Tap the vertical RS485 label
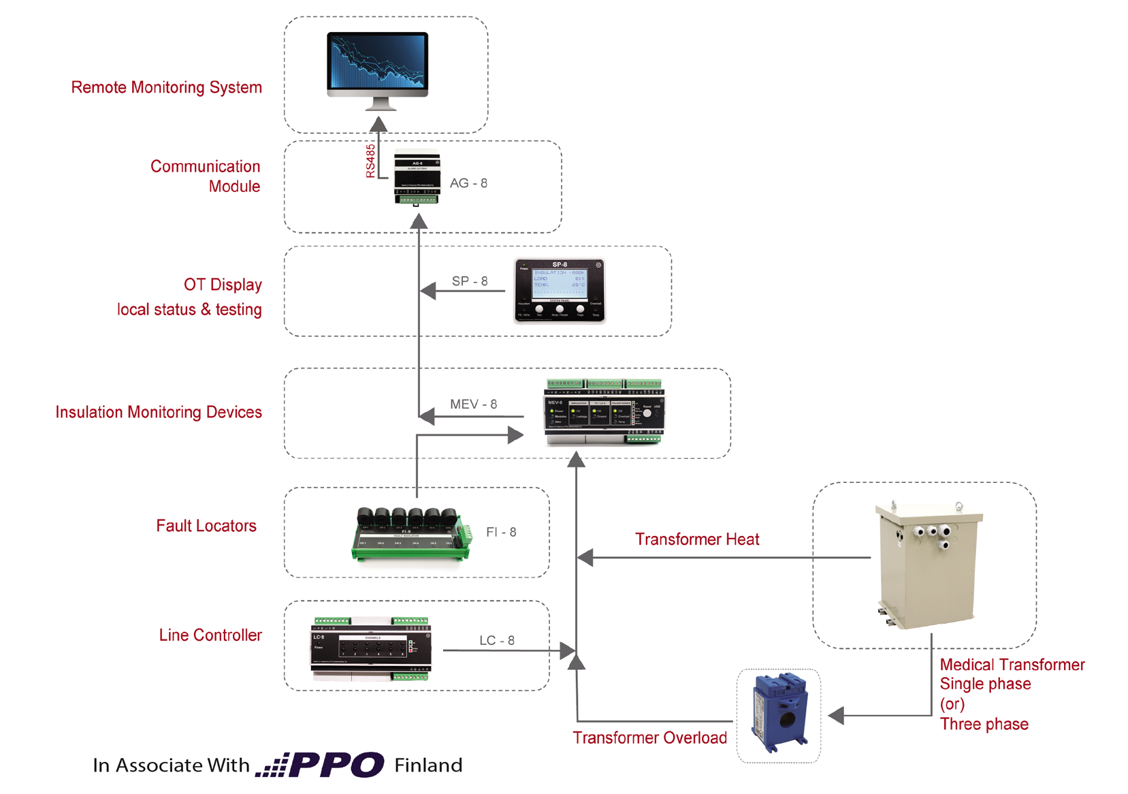click(x=370, y=161)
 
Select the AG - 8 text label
click(x=468, y=183)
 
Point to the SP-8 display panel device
click(x=560, y=291)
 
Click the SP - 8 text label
click(x=470, y=281)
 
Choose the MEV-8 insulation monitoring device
click(x=604, y=413)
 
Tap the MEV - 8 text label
click(x=473, y=404)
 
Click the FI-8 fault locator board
click(x=411, y=535)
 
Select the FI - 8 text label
click(x=501, y=532)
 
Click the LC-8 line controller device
click(x=371, y=650)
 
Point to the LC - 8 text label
click(x=497, y=641)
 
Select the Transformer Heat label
click(x=697, y=539)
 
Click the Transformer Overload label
click(x=649, y=738)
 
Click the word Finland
click(x=428, y=765)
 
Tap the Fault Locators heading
click(x=206, y=526)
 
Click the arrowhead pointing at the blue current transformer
click(x=837, y=716)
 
